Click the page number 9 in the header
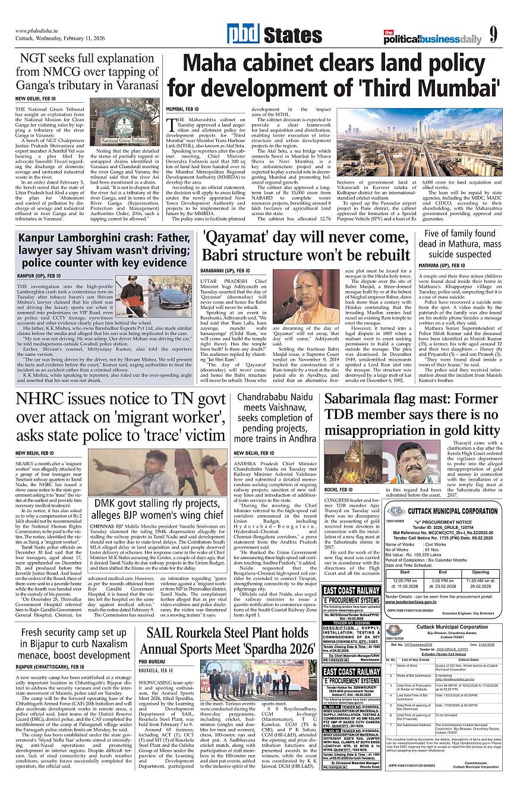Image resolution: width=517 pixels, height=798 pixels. click(x=493, y=35)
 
